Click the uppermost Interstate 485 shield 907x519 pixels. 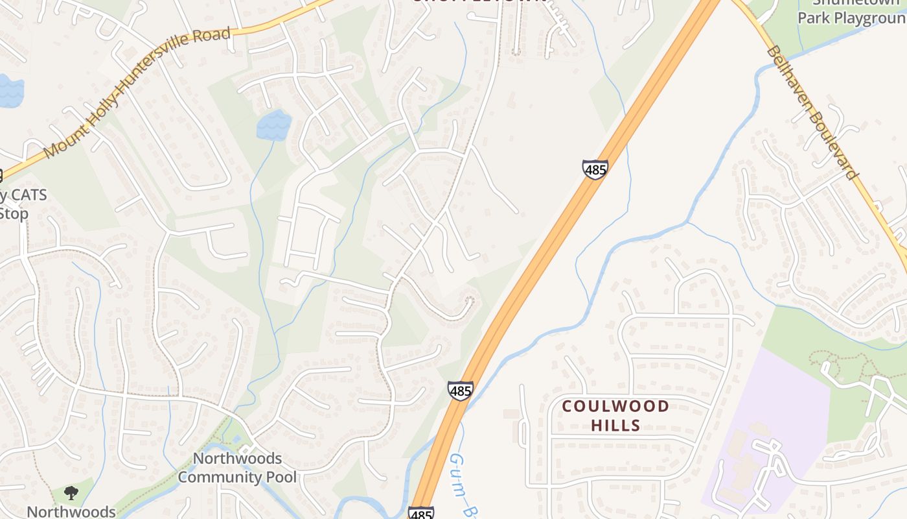[x=595, y=169]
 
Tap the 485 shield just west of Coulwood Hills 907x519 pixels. [x=460, y=391]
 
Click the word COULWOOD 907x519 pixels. [x=615, y=407]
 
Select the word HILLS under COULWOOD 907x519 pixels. [x=615, y=426]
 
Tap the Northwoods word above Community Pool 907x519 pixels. [x=237, y=459]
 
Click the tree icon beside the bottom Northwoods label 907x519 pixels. [x=71, y=493]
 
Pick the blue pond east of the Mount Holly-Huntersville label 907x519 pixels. [x=273, y=125]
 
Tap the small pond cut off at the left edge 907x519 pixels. [x=10, y=91]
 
